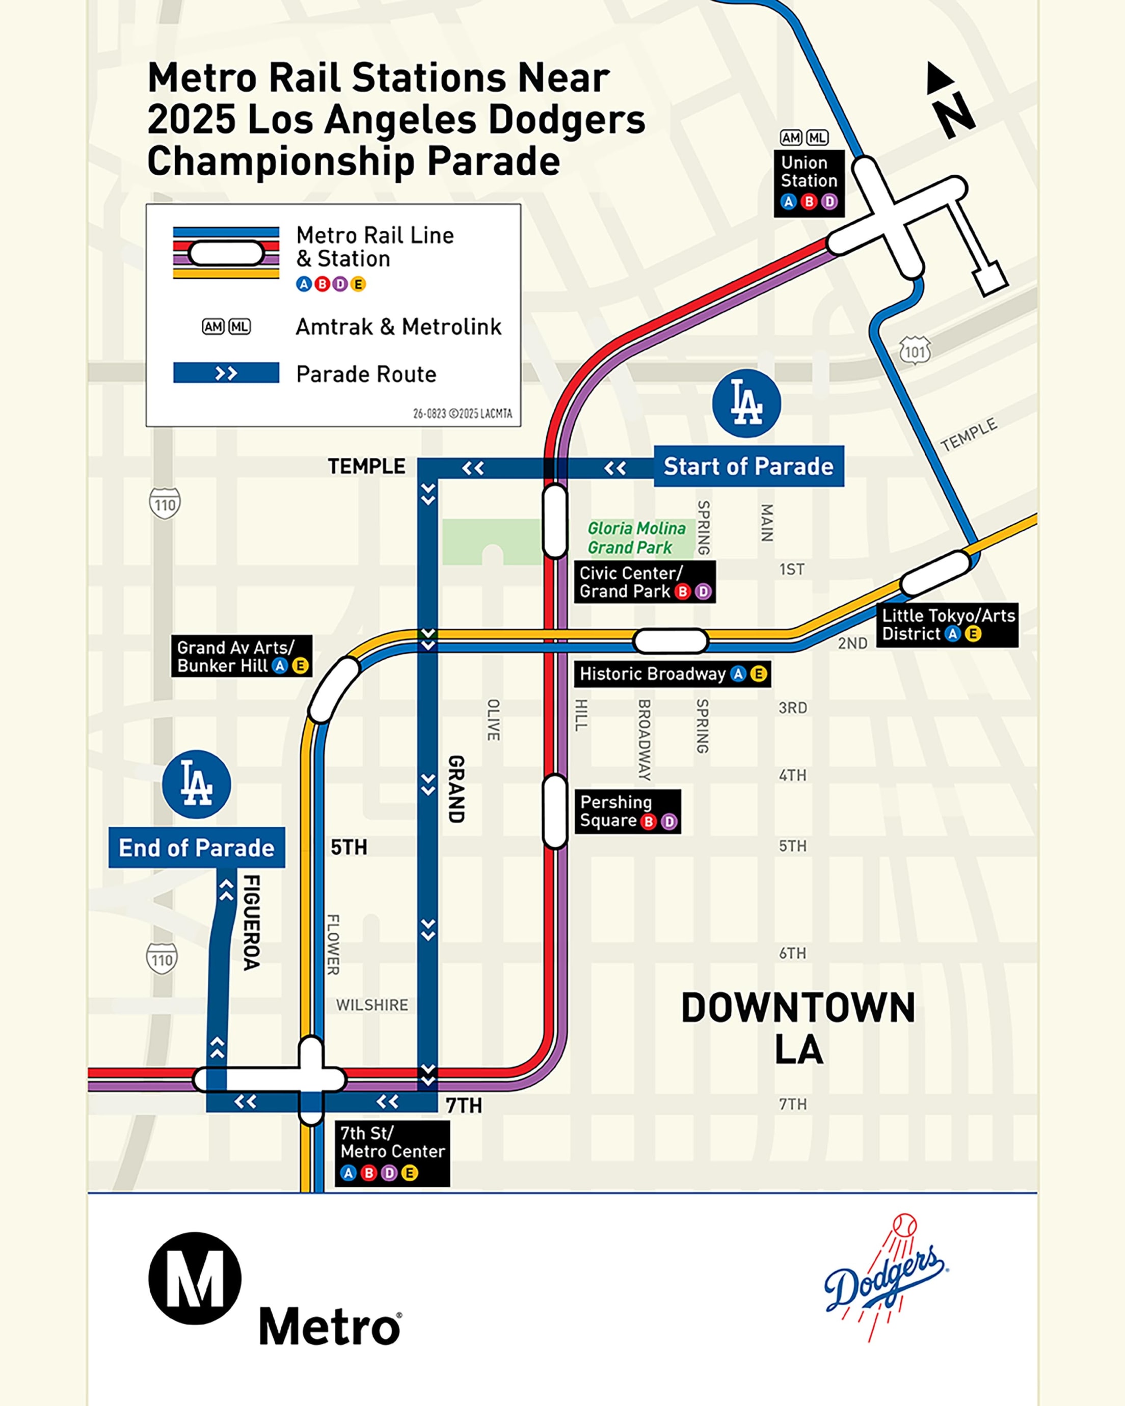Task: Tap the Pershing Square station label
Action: tap(627, 812)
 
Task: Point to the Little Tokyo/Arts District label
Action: tap(947, 625)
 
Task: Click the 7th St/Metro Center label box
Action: tap(392, 1153)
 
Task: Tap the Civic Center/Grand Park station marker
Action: tap(554, 522)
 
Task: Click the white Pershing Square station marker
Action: tap(554, 812)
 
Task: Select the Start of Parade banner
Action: tap(748, 466)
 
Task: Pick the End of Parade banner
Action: tap(196, 847)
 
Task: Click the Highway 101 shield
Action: tap(915, 351)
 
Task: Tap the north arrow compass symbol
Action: tap(950, 100)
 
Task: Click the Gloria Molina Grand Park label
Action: tap(636, 537)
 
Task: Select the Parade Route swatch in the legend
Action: tap(226, 373)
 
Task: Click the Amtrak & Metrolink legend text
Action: tap(398, 327)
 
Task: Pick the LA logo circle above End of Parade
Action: tap(196, 785)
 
